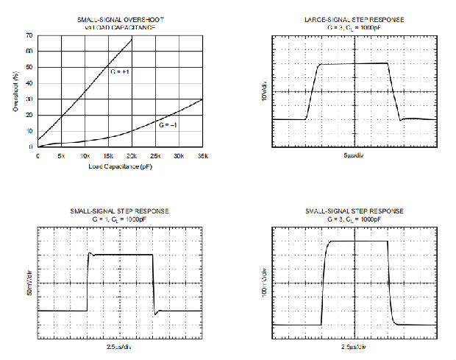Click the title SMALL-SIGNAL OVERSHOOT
(120, 19)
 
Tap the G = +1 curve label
(120, 71)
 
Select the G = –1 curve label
(168, 126)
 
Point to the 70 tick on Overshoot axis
(29, 35)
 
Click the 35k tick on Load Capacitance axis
(202, 156)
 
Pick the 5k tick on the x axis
(61, 156)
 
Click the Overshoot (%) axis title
(16, 91)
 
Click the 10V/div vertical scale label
(263, 91)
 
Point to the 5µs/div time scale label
(355, 157)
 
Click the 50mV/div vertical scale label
(30, 283)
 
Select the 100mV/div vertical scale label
(263, 283)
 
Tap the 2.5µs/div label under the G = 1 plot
(120, 346)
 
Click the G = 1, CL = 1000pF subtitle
(120, 219)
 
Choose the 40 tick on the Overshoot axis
(29, 83)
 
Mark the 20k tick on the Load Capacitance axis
(131, 156)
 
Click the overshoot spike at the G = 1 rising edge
(90, 253)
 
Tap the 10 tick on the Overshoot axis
(29, 131)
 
